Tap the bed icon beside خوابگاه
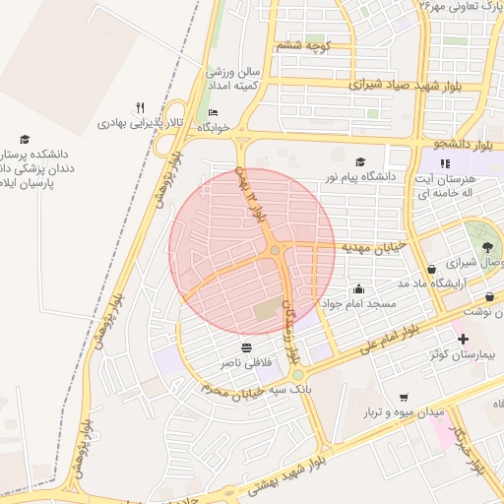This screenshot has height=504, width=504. pos(215,113)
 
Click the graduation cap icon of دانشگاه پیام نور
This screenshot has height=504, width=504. pos(360,161)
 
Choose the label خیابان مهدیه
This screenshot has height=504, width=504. pos(371,248)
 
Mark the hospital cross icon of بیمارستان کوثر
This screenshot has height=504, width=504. pos(463,339)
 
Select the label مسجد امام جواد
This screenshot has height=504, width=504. pos(359,304)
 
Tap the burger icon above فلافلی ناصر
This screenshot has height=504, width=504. pos(245,348)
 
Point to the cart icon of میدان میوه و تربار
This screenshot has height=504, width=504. pos(404,397)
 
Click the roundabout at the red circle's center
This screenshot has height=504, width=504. pos(276,251)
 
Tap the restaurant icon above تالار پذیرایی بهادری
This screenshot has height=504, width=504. pos(141,107)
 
